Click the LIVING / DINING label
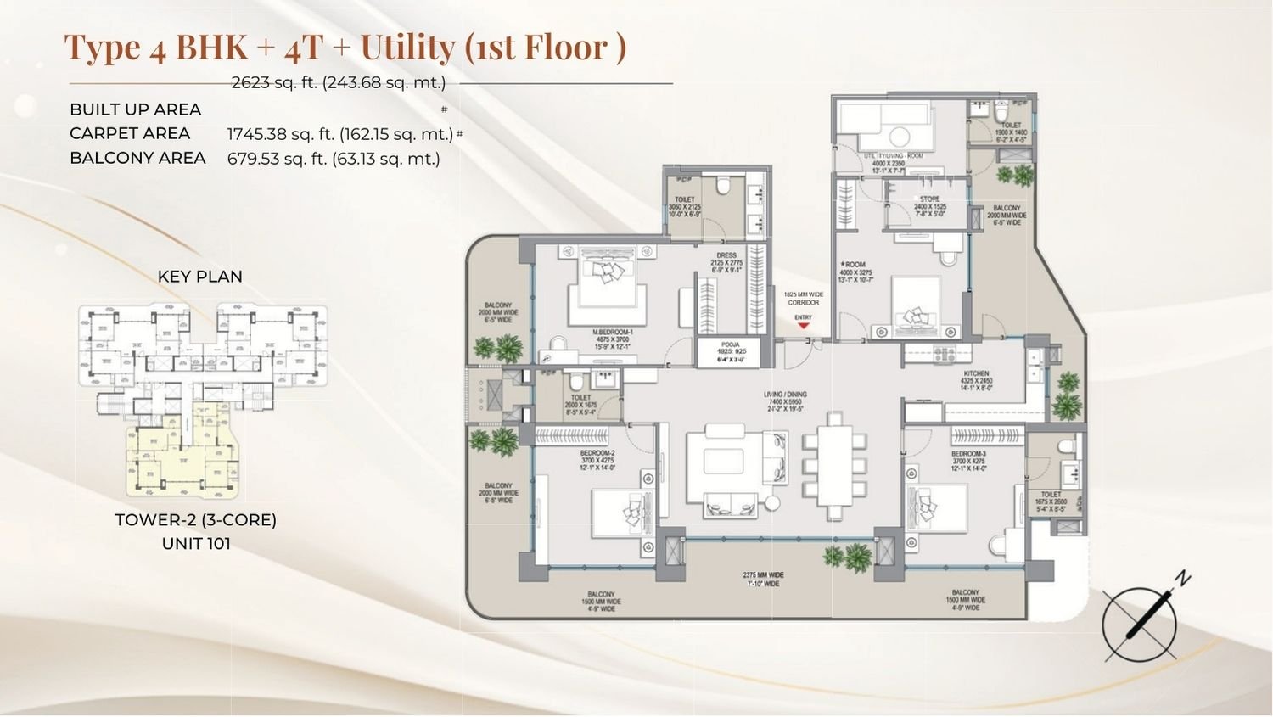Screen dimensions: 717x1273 point(784,395)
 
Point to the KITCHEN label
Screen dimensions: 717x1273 point(976,373)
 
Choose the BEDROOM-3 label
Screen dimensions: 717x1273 point(968,454)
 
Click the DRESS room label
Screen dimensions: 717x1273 point(726,255)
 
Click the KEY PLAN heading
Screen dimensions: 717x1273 point(199,277)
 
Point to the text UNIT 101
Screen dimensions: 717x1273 point(196,543)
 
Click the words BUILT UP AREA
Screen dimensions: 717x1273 point(136,109)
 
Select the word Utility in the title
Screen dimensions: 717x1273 point(407,48)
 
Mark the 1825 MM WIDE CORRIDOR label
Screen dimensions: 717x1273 point(803,299)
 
